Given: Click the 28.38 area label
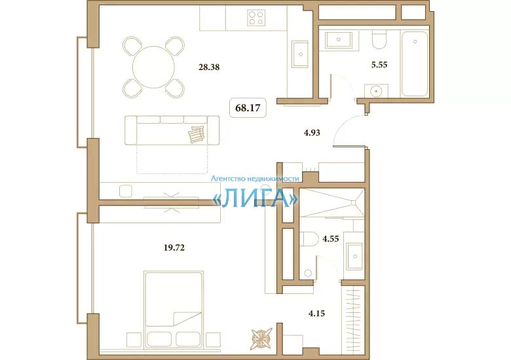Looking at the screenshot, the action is pyautogui.click(x=209, y=67).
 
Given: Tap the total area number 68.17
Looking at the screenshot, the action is pyautogui.click(x=248, y=108).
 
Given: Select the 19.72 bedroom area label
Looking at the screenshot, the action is pyautogui.click(x=174, y=248).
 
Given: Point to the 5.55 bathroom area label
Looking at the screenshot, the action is pyautogui.click(x=379, y=65).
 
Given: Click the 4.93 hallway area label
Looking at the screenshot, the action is pyautogui.click(x=312, y=133).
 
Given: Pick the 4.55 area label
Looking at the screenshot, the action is pyautogui.click(x=331, y=239).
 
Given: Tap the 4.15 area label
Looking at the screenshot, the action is pyautogui.click(x=316, y=314).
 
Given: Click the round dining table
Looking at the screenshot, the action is pyautogui.click(x=153, y=67).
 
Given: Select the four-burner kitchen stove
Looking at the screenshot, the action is pyautogui.click(x=256, y=17).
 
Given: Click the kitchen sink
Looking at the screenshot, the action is pyautogui.click(x=300, y=54).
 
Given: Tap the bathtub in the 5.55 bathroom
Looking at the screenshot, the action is pyautogui.click(x=415, y=63).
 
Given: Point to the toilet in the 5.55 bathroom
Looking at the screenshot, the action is pyautogui.click(x=379, y=39).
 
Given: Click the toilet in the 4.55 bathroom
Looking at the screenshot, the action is pyautogui.click(x=309, y=240).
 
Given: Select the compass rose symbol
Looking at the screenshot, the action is pyautogui.click(x=261, y=339).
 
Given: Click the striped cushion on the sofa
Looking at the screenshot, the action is pyautogui.click(x=197, y=134).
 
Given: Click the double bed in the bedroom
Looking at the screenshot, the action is pyautogui.click(x=174, y=310).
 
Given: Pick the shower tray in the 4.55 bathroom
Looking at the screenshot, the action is pyautogui.click(x=331, y=202).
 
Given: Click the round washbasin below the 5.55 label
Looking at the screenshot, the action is pyautogui.click(x=377, y=91).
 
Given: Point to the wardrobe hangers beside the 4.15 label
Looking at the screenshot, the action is pyautogui.click(x=352, y=320).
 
